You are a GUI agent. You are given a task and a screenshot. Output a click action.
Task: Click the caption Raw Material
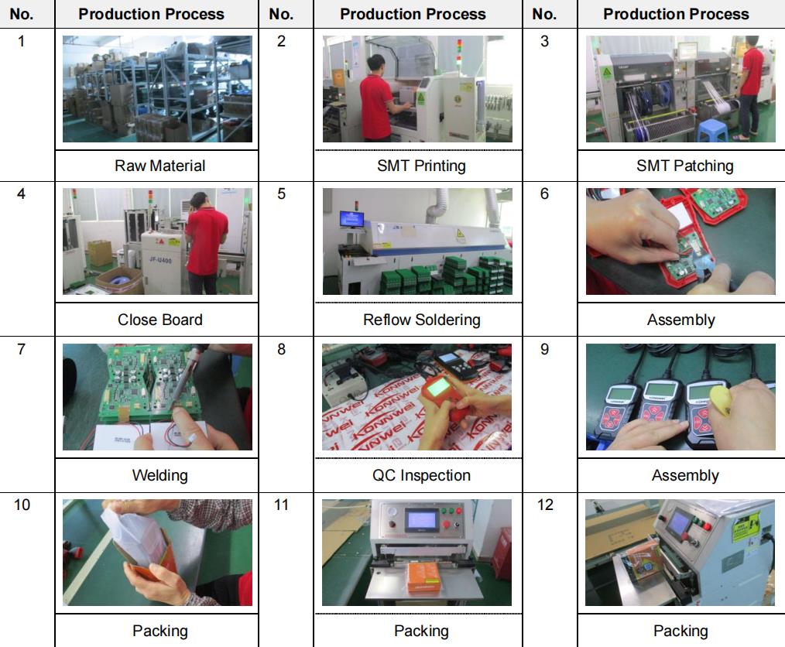(159, 166)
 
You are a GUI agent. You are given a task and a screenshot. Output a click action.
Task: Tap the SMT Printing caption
(421, 166)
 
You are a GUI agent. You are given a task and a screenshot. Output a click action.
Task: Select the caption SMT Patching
(684, 166)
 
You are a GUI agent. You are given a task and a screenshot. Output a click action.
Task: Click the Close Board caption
(159, 320)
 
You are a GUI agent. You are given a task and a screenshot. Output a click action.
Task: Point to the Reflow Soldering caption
(422, 320)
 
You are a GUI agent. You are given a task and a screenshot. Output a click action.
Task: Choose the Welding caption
(159, 475)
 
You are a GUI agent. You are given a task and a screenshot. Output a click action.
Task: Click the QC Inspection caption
(421, 475)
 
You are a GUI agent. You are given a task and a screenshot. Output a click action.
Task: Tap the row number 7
(21, 349)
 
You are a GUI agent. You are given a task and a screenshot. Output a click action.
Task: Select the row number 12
(545, 505)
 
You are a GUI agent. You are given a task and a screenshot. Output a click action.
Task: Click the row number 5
(281, 194)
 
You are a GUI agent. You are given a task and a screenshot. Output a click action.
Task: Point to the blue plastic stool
(711, 131)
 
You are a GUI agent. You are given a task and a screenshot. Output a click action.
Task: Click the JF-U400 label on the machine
(160, 260)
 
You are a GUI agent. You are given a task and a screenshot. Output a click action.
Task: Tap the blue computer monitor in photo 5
(352, 219)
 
